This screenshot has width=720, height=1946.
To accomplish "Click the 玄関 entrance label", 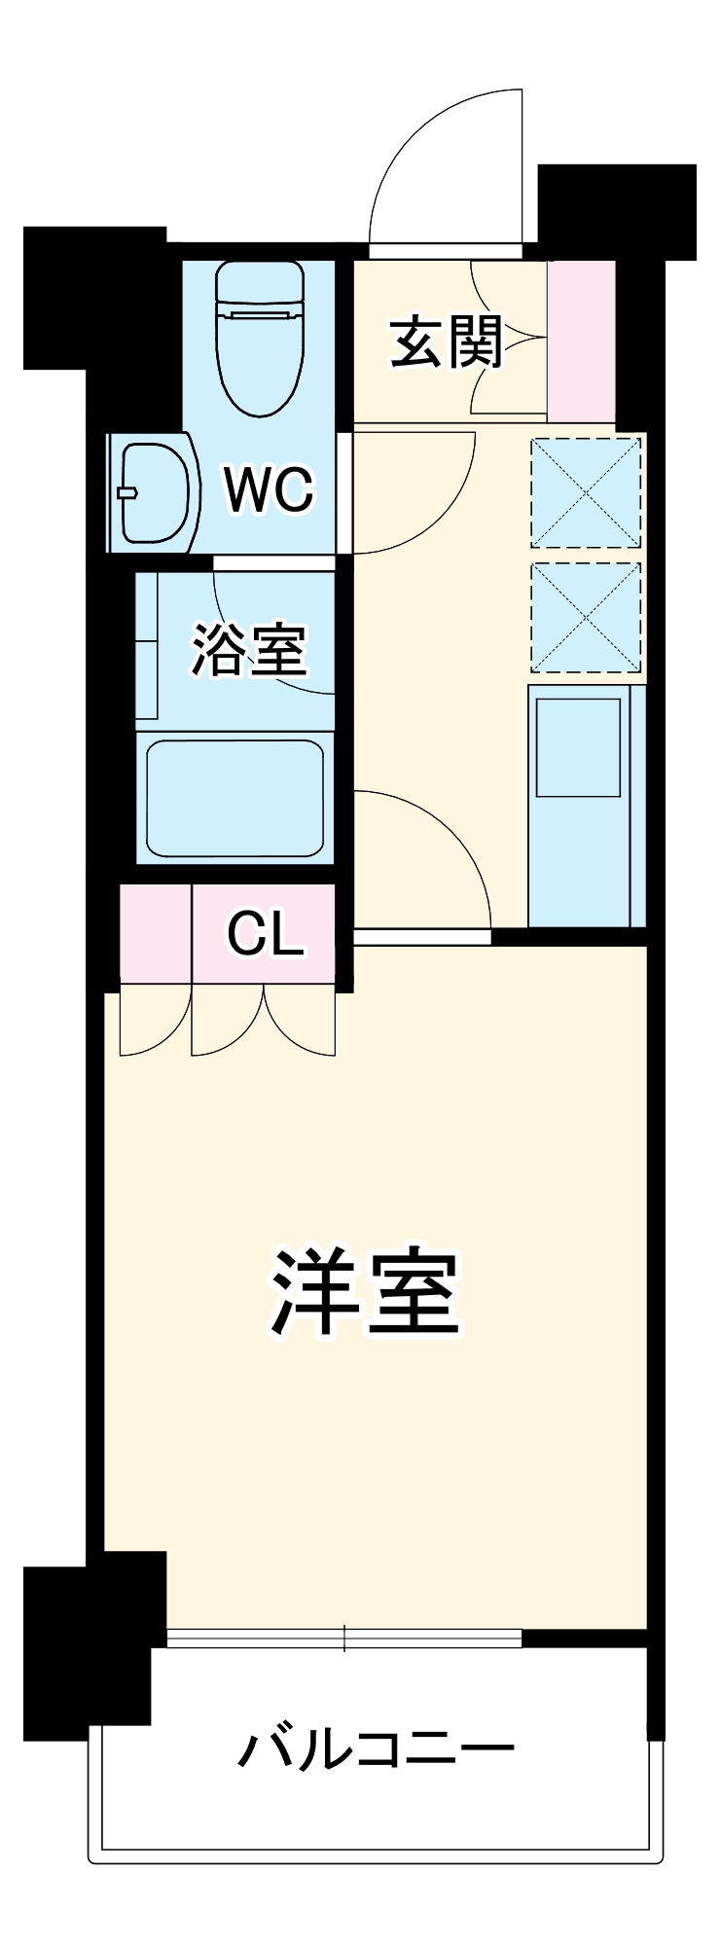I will (447, 342).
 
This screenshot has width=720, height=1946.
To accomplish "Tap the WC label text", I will (269, 489).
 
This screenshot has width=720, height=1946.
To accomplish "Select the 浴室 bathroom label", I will (249, 649).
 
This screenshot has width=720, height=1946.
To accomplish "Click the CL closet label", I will (265, 935).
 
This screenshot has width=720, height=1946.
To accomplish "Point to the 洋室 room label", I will (365, 1290).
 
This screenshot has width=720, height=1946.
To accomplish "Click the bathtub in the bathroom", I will (234, 796).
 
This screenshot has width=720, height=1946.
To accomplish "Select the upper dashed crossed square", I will (586, 492).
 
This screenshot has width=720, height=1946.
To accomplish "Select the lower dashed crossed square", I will (586, 617).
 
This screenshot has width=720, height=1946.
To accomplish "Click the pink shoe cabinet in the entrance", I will (581, 341).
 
